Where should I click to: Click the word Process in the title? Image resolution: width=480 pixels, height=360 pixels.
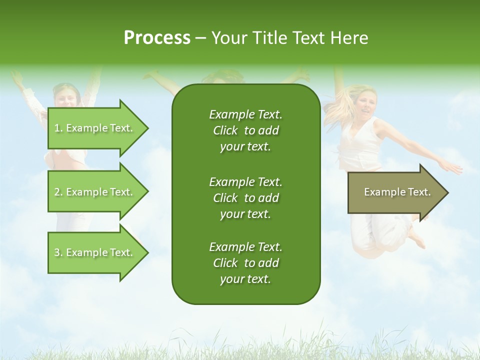(157, 38)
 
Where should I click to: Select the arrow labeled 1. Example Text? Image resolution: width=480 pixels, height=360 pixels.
(95, 128)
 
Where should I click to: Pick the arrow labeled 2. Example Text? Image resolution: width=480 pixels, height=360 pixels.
(95, 192)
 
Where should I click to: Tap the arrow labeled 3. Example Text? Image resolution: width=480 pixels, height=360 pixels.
(95, 252)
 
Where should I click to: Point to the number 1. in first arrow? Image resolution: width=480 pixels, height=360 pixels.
(58, 128)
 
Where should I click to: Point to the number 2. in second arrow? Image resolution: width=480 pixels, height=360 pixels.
(58, 192)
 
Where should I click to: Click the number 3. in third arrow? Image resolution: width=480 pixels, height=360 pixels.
(58, 252)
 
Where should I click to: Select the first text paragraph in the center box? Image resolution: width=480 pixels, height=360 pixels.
(245, 130)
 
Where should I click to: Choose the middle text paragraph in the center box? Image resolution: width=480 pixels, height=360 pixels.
(245, 197)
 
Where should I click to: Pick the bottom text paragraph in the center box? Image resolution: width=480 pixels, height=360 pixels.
(245, 263)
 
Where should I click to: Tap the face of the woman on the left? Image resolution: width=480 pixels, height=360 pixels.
(66, 96)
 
